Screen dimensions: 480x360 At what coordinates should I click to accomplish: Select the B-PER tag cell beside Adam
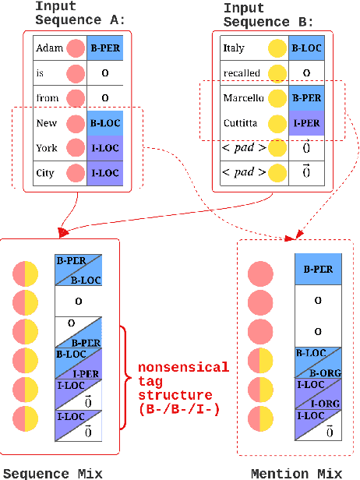pyautogui.click(x=105, y=48)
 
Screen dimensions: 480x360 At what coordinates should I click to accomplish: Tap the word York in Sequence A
pyautogui.click(x=46, y=148)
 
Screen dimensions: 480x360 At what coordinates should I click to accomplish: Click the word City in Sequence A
pyautogui.click(x=45, y=173)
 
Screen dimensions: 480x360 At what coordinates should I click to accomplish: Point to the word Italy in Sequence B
pyautogui.click(x=233, y=48)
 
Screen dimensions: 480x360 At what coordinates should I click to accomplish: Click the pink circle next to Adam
pyautogui.click(x=76, y=48)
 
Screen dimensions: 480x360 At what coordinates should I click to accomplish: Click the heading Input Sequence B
pyautogui.click(x=256, y=15)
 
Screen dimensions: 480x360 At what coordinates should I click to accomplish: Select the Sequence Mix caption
pyautogui.click(x=53, y=472)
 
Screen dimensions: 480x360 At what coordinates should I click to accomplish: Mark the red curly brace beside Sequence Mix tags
pyautogui.click(x=124, y=377)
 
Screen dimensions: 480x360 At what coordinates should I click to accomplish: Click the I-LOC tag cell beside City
pyautogui.click(x=105, y=173)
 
